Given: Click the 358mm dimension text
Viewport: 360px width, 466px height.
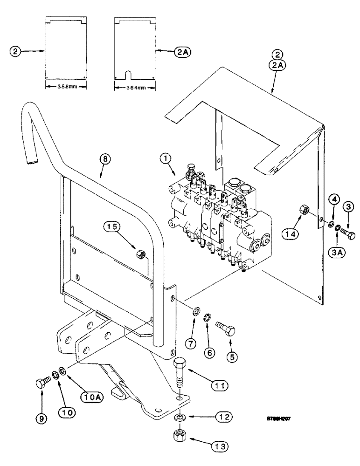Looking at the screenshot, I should [64, 86].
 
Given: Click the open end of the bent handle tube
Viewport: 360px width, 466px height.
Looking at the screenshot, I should [32, 162].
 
